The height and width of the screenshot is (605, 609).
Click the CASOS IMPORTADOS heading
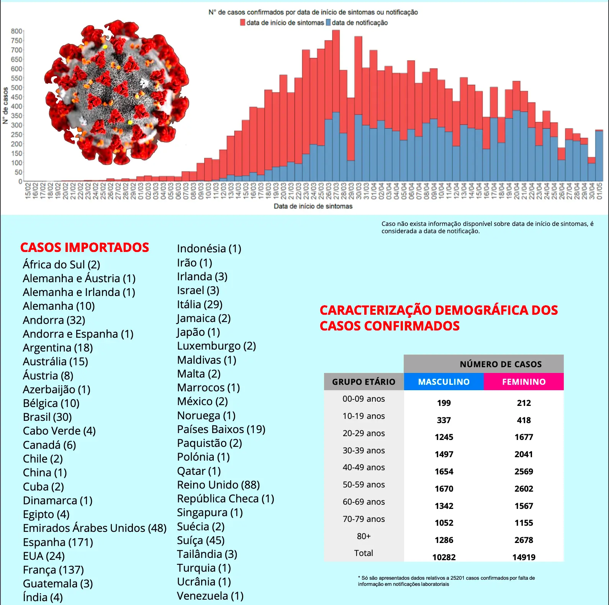(x=85, y=247)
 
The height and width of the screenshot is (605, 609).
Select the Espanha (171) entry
(x=58, y=542)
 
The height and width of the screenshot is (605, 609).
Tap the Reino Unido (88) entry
(x=218, y=485)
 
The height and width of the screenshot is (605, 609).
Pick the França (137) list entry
(x=53, y=570)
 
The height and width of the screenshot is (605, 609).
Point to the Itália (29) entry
(x=200, y=304)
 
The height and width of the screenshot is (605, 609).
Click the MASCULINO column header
(x=444, y=382)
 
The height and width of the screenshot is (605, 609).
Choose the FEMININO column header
(x=524, y=382)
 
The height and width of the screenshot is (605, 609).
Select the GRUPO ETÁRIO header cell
(x=363, y=382)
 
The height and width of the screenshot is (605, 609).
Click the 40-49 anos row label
(x=363, y=467)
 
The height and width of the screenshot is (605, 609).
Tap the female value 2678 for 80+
(x=524, y=540)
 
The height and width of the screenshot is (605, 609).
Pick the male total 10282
(x=444, y=557)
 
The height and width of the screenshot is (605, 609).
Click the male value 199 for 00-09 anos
(x=444, y=403)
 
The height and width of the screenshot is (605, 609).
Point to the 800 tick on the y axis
(x=16, y=31)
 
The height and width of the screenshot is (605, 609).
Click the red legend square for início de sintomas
(x=242, y=23)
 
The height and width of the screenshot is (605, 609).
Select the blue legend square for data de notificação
(x=328, y=23)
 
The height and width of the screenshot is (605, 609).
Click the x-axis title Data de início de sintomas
(x=313, y=206)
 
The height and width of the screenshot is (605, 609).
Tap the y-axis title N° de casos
(x=5, y=106)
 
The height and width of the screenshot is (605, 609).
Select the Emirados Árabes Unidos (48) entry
(x=95, y=528)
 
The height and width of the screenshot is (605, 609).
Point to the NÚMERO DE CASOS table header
(x=501, y=364)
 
